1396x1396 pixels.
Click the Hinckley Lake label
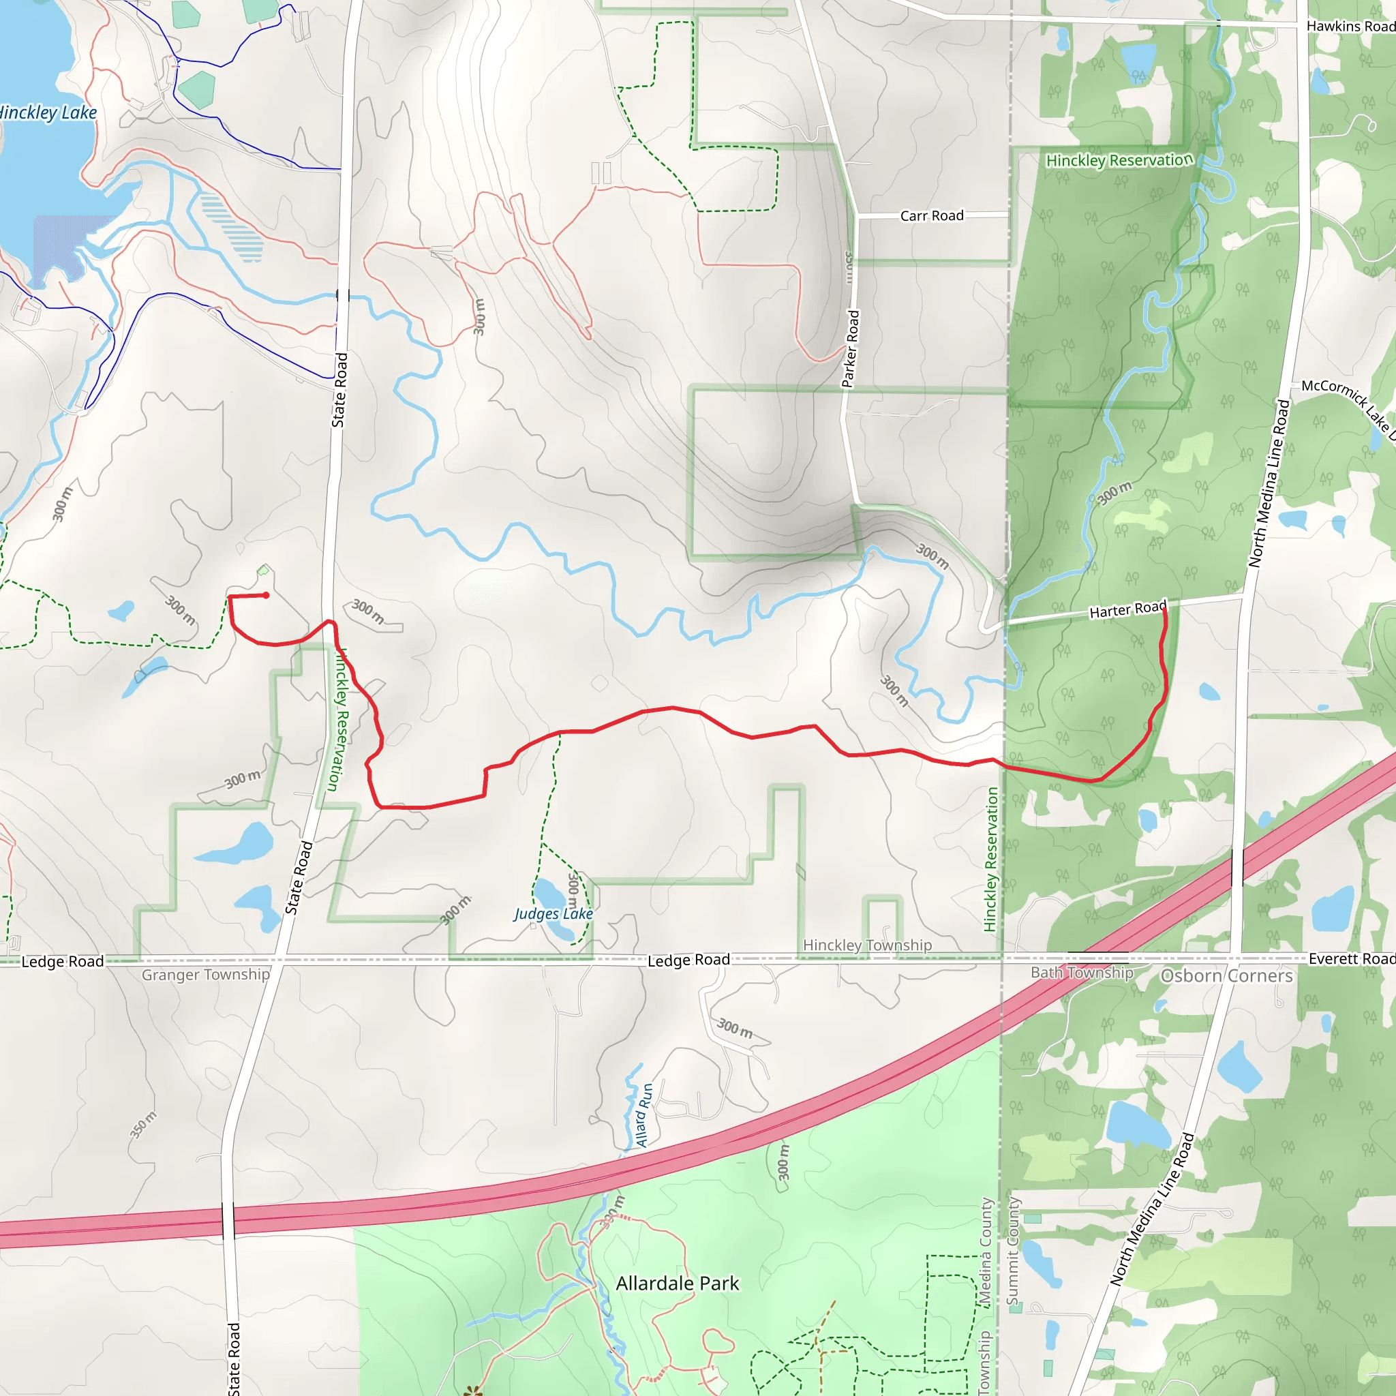click(48, 112)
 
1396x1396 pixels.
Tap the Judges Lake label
click(553, 913)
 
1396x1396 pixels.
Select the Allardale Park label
click(677, 1284)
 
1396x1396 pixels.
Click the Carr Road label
click(931, 215)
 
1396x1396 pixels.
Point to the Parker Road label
click(851, 349)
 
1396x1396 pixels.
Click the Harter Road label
click(1127, 610)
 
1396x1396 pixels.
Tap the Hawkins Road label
click(1350, 26)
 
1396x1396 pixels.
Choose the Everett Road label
click(1351, 958)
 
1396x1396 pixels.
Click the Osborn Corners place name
click(1226, 975)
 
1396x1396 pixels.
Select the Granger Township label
click(205, 975)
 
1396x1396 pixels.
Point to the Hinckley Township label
click(867, 945)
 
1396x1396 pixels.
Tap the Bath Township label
click(1082, 973)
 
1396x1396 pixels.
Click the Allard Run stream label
click(643, 1115)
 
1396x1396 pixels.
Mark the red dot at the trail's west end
click(267, 595)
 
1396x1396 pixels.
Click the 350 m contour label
click(142, 1125)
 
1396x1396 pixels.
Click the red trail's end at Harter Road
click(1165, 609)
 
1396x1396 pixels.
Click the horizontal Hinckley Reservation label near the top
click(1119, 160)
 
